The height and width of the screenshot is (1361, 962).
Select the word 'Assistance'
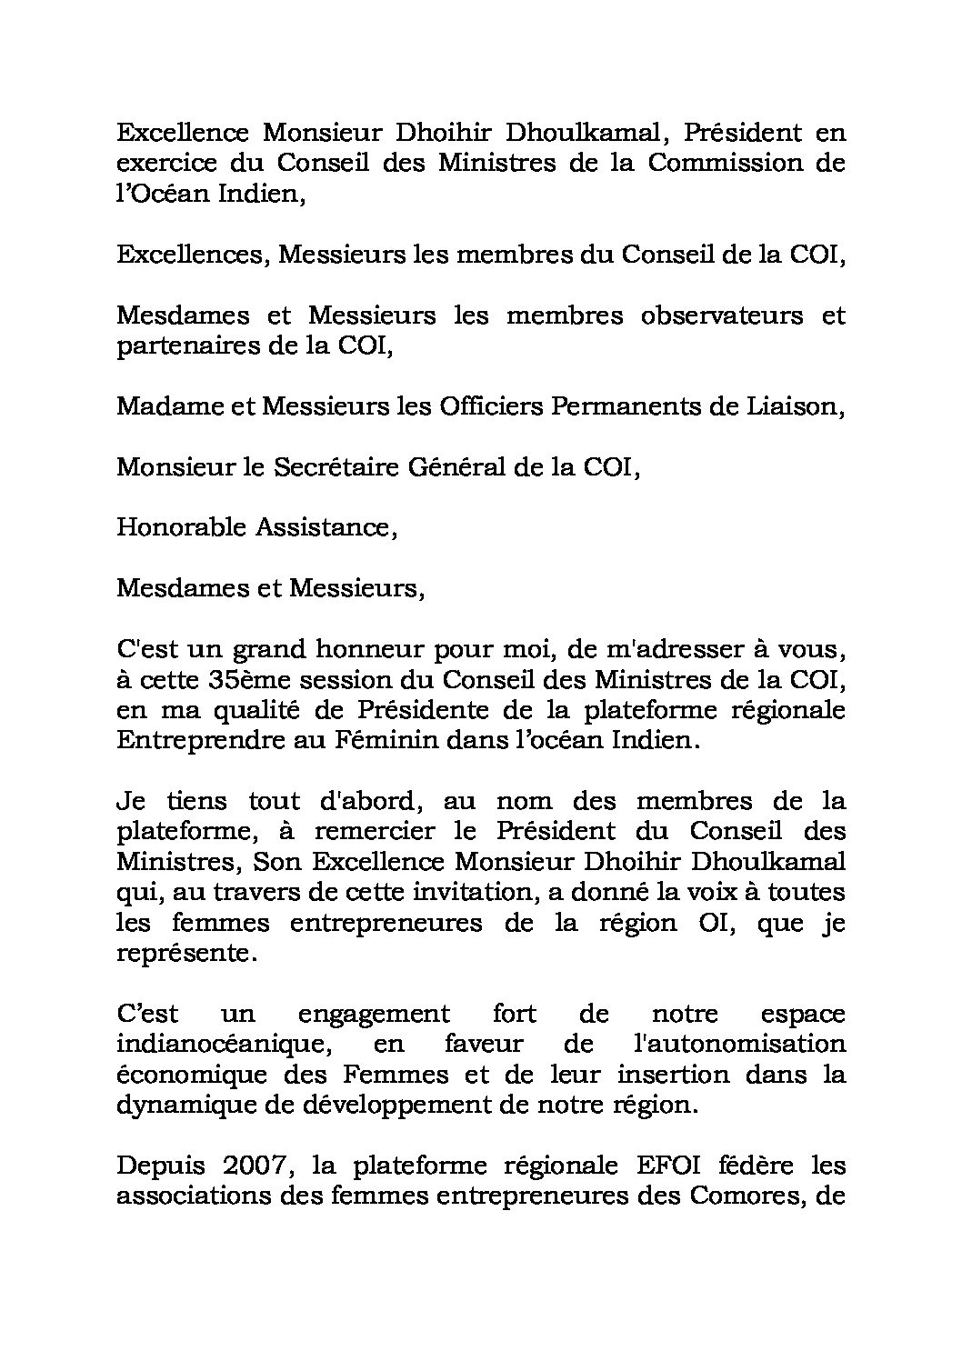[x=325, y=527]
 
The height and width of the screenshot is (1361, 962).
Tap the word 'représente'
[x=182, y=953]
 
